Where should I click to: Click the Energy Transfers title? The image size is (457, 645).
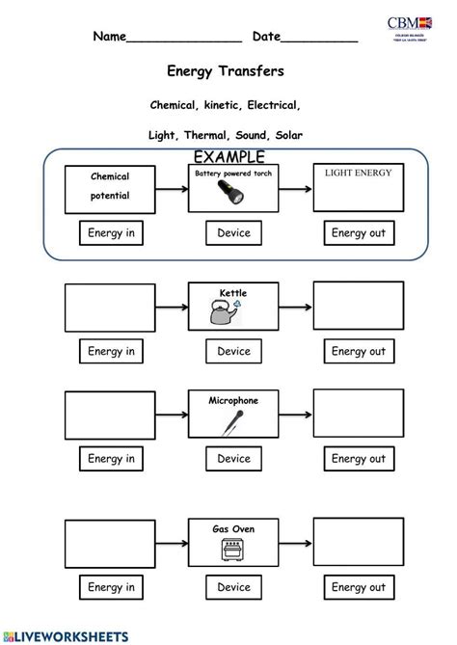point(226,71)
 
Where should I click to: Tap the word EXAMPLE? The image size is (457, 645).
point(228,157)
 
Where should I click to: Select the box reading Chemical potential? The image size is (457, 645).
point(110,188)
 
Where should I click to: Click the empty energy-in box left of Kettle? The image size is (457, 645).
point(111,307)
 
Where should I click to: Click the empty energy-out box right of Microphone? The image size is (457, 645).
point(358,414)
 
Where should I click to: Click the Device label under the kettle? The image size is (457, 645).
point(233,351)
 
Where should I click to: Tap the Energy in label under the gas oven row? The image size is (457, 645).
point(111,586)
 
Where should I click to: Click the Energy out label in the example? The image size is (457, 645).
point(358,232)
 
